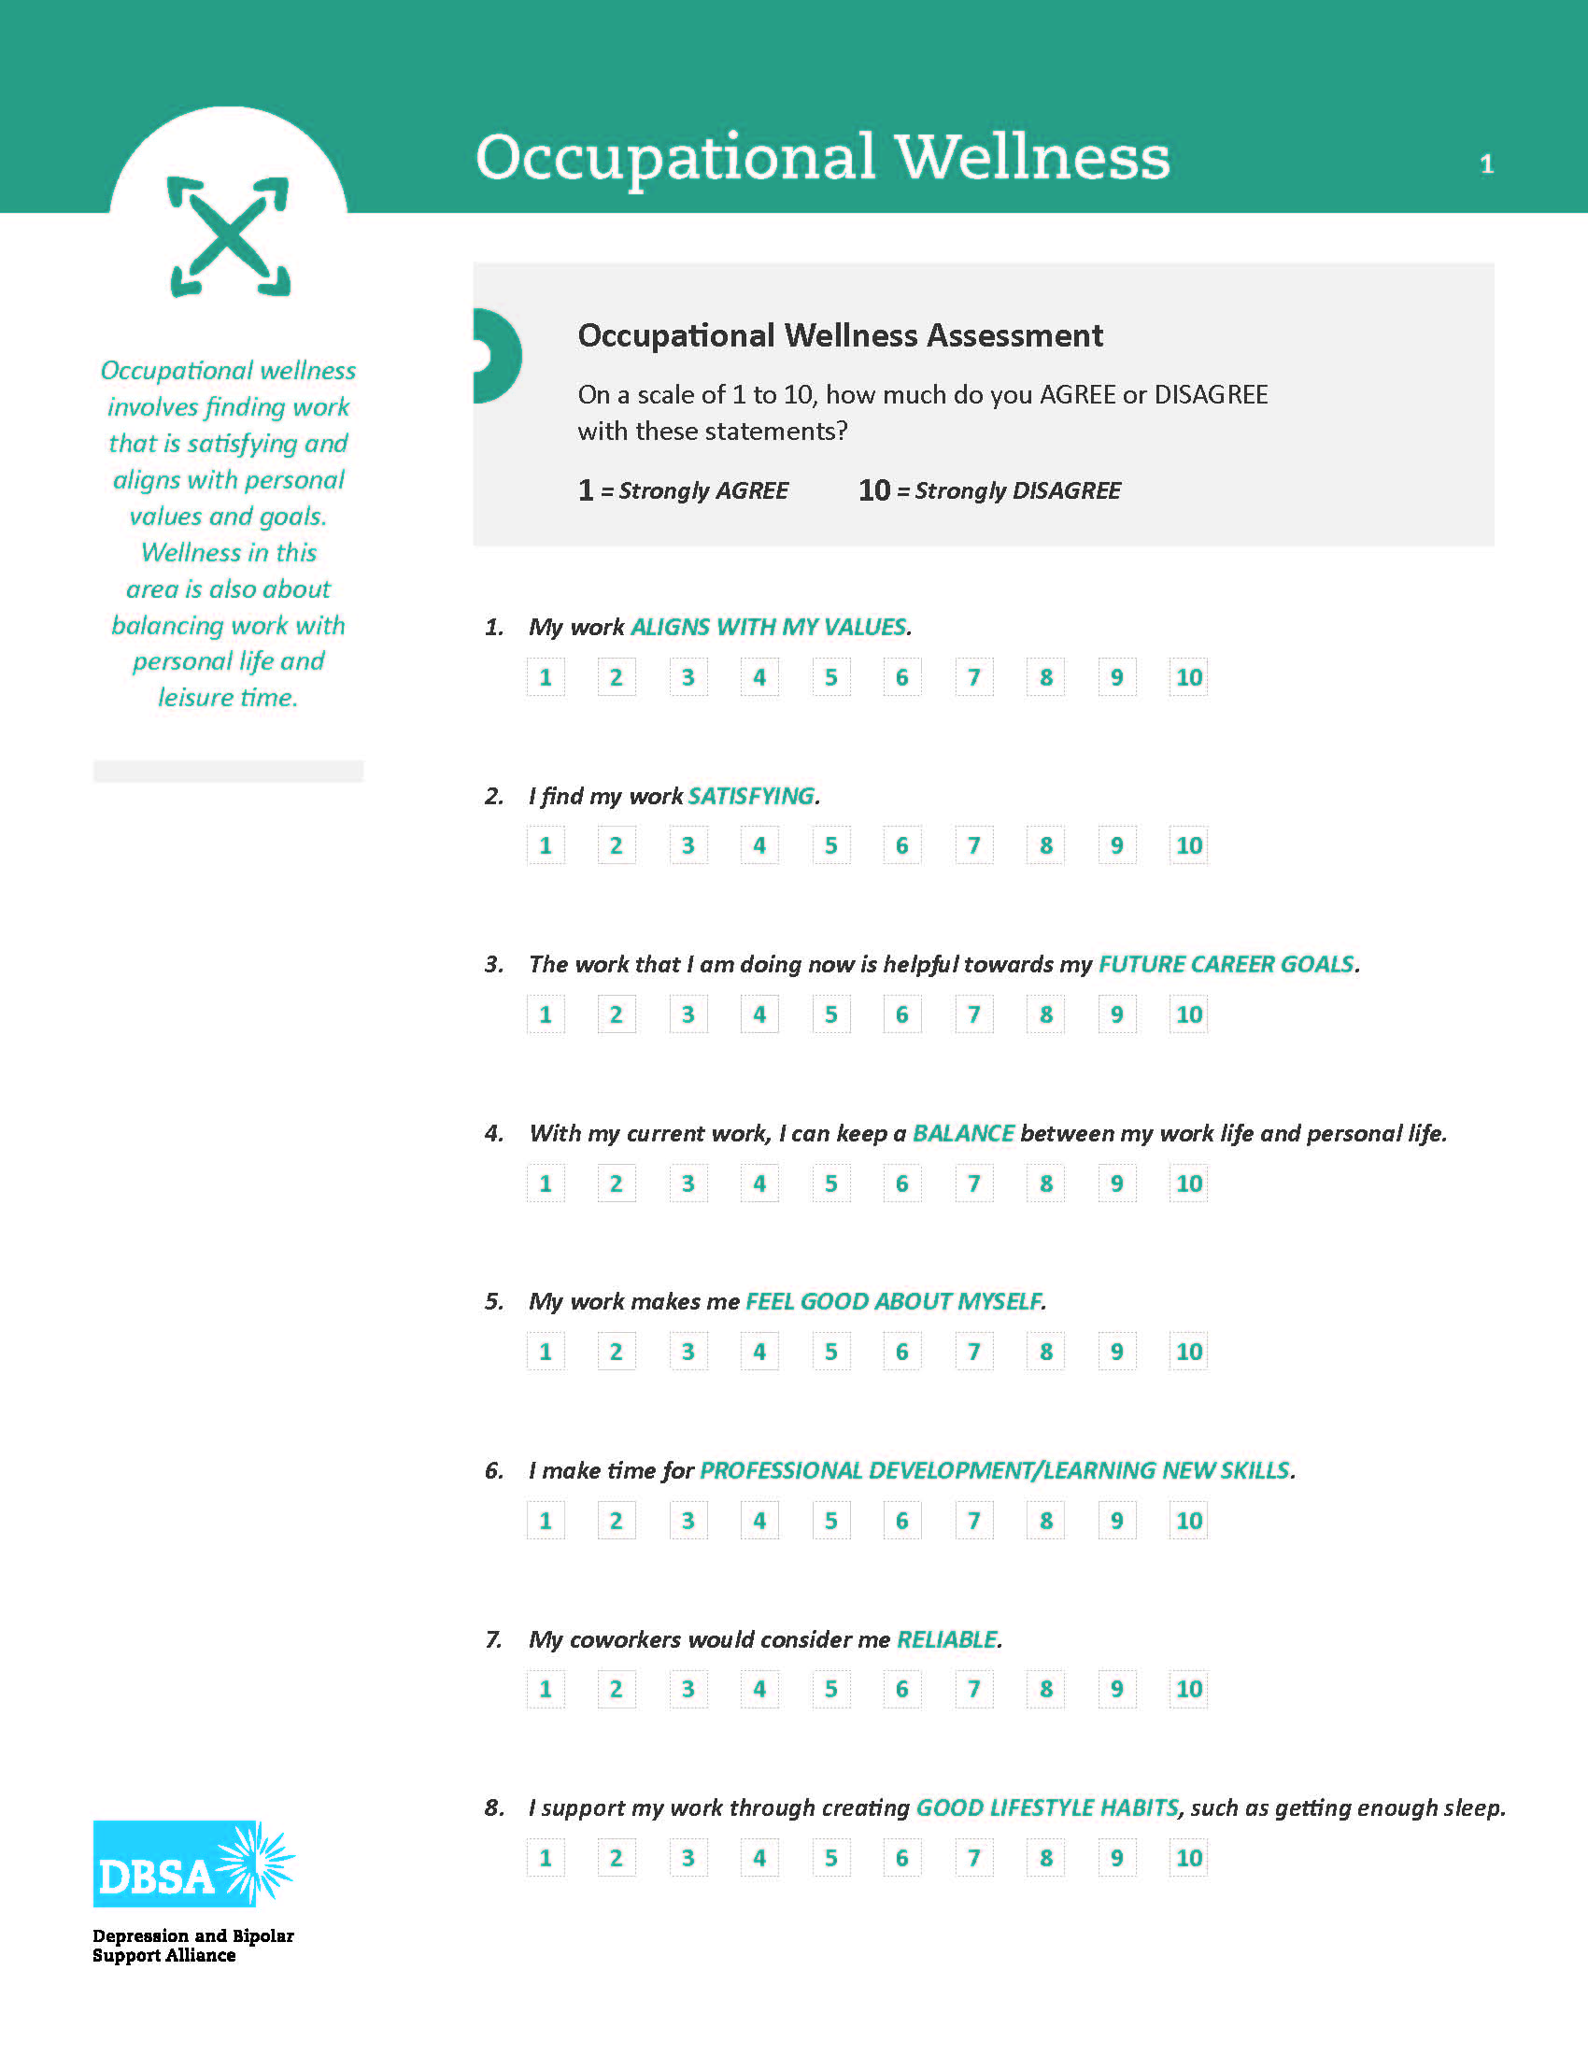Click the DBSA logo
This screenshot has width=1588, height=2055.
pos(192,1864)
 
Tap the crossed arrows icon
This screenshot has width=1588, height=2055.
pos(230,236)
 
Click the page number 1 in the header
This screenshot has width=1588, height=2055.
pos(1486,164)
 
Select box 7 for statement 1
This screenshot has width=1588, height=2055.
pos(973,677)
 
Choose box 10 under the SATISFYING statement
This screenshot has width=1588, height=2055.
pos(1188,846)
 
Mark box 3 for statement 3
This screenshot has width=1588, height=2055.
pos(688,1014)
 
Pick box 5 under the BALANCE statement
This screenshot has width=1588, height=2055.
pos(830,1183)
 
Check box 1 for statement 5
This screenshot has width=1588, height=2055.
pos(546,1353)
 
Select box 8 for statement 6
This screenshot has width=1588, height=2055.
pos(1045,1521)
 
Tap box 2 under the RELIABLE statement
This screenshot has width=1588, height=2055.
pos(617,1689)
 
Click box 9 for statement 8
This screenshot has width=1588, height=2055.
pos(1116,1858)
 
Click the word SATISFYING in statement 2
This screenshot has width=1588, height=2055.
pos(751,796)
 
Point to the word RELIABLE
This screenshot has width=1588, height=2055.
pos(946,1639)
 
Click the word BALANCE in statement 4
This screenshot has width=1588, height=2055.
pos(963,1133)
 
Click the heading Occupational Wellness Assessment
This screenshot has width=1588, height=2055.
pos(839,335)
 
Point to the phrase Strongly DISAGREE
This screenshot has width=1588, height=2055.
pos(1017,490)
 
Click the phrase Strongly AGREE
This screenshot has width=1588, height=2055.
pos(702,490)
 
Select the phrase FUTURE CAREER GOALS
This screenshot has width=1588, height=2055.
pos(1226,965)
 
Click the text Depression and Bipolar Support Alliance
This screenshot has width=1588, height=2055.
pos(192,1945)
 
